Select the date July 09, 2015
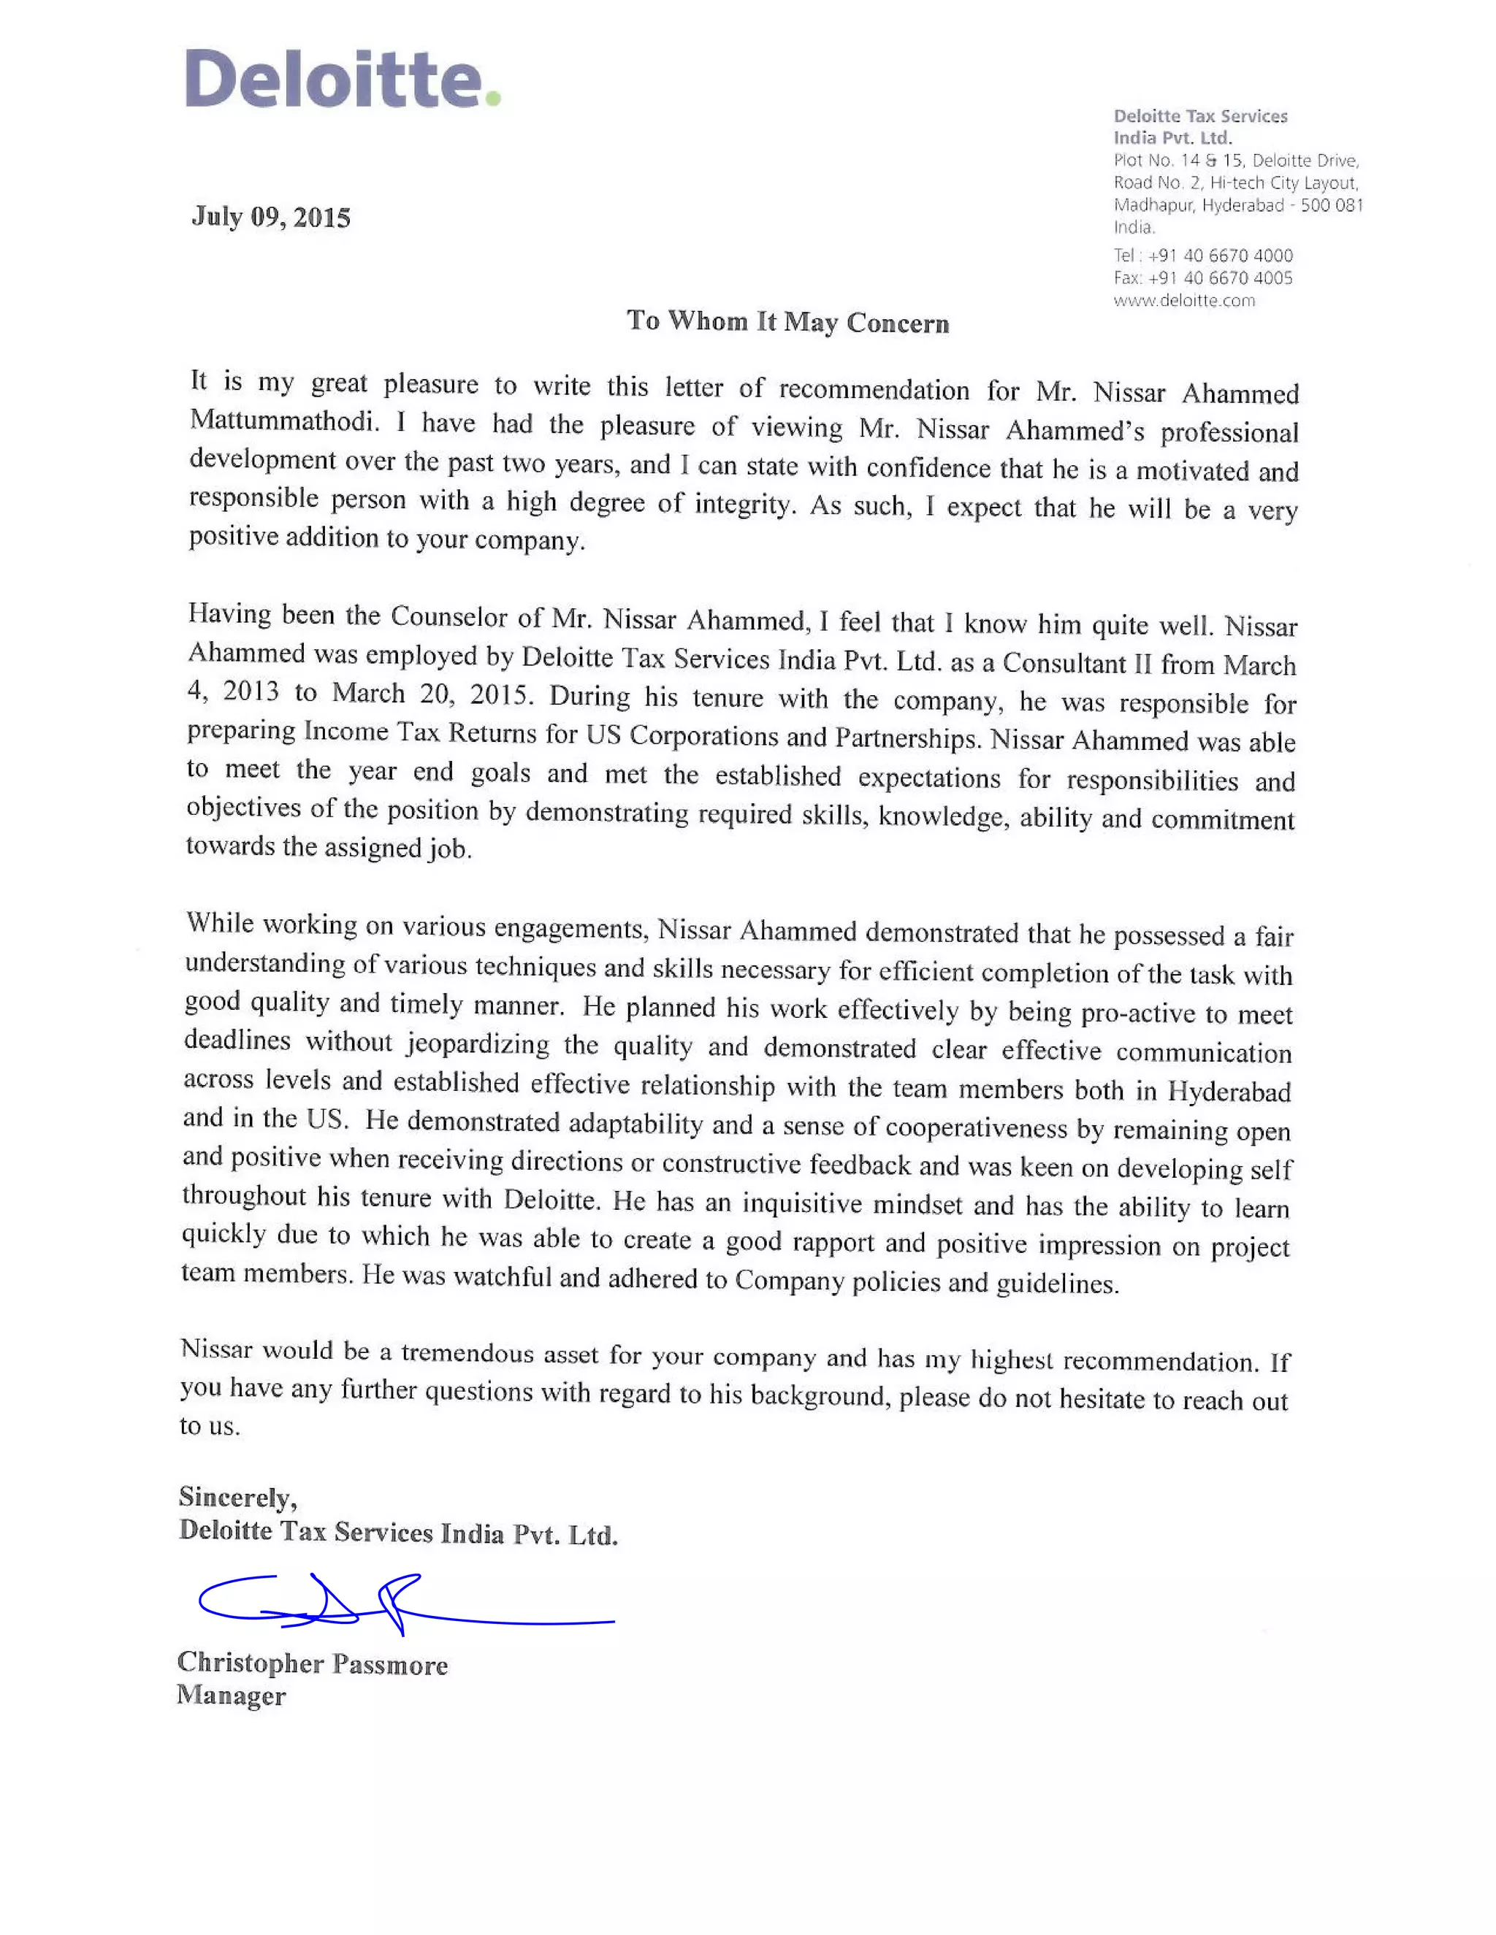271,217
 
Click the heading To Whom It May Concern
787,321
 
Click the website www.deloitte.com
1184,300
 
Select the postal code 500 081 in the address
1331,204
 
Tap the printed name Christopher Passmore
312,1663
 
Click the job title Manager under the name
232,1695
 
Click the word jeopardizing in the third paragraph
478,1043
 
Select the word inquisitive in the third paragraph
801,1203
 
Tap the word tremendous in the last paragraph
466,1353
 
